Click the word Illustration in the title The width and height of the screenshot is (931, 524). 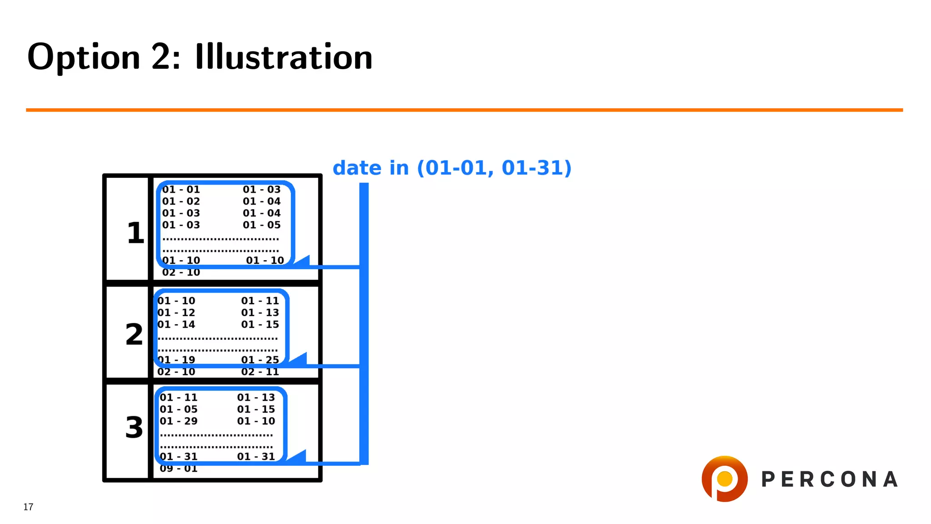pyautogui.click(x=284, y=57)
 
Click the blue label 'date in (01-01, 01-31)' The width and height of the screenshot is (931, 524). pyautogui.click(x=452, y=168)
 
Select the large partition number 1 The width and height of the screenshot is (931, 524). pyautogui.click(x=135, y=233)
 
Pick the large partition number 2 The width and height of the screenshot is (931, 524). pyautogui.click(x=134, y=334)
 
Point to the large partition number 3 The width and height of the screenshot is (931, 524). pyautogui.click(x=134, y=428)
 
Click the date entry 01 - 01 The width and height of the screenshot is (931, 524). pyautogui.click(x=181, y=190)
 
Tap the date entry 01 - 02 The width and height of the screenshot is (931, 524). pyautogui.click(x=181, y=202)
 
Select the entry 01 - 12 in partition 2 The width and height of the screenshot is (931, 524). pyautogui.click(x=176, y=313)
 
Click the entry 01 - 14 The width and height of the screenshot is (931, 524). pyautogui.click(x=176, y=325)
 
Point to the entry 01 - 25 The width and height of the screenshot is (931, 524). pyautogui.click(x=260, y=360)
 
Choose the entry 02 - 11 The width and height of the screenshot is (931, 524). pyautogui.click(x=260, y=372)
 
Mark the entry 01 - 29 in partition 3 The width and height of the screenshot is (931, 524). pyautogui.click(x=179, y=421)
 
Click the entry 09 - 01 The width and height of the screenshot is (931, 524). pyautogui.click(x=179, y=469)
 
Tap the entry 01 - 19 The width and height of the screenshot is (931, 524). pyautogui.click(x=176, y=360)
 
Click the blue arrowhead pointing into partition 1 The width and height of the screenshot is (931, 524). pyautogui.click(x=303, y=261)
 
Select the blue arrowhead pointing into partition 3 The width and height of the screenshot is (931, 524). pyautogui.click(x=298, y=456)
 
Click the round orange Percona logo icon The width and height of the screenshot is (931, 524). pyautogui.click(x=725, y=479)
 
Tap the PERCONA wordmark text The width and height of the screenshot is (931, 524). pyautogui.click(x=830, y=479)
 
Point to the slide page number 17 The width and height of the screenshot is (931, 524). pyautogui.click(x=28, y=507)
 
